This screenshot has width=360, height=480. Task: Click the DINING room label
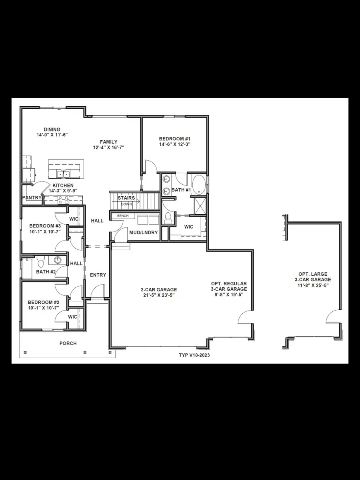coord(52,129)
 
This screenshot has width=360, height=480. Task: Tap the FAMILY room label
coord(108,142)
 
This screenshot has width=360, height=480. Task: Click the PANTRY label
coord(32,197)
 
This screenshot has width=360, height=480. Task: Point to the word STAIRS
coord(126,198)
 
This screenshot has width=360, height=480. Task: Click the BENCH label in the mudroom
coord(123,216)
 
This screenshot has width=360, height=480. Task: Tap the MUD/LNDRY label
coord(143,232)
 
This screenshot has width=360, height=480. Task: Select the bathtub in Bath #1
coord(199,184)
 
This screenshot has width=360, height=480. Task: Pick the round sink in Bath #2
coord(58,260)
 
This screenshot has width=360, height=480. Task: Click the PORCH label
coord(68,343)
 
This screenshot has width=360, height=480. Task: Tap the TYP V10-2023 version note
coord(194,355)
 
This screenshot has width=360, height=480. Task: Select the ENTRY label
coord(98,275)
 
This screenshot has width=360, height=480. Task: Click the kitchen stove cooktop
coord(63,199)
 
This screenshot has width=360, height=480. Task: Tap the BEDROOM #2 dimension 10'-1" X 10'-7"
coord(44,308)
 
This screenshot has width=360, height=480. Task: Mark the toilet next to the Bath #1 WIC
coord(168,218)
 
